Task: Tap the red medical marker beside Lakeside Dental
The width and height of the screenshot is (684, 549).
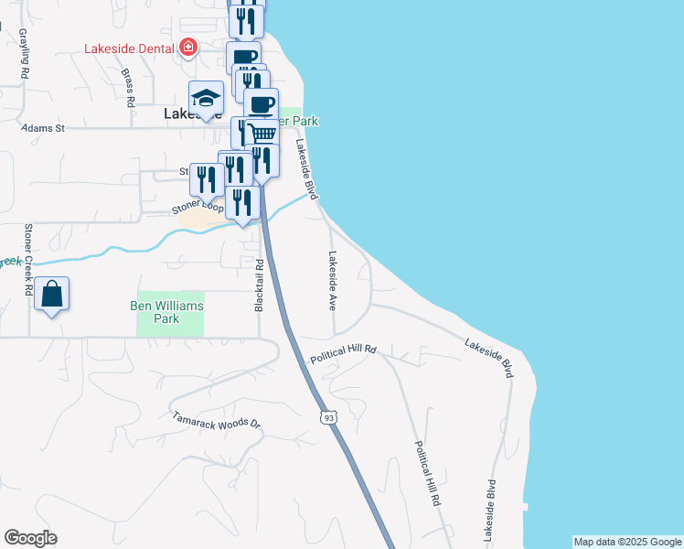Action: [188, 47]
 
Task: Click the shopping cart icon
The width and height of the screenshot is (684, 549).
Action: [262, 134]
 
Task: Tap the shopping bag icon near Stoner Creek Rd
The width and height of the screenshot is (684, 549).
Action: [52, 296]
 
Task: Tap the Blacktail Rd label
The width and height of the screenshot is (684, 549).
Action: [261, 284]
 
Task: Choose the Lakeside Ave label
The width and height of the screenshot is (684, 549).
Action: [333, 280]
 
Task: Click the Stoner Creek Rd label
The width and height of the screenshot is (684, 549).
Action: [28, 260]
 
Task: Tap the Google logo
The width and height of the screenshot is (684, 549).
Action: [30, 538]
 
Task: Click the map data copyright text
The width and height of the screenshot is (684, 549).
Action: [626, 542]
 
